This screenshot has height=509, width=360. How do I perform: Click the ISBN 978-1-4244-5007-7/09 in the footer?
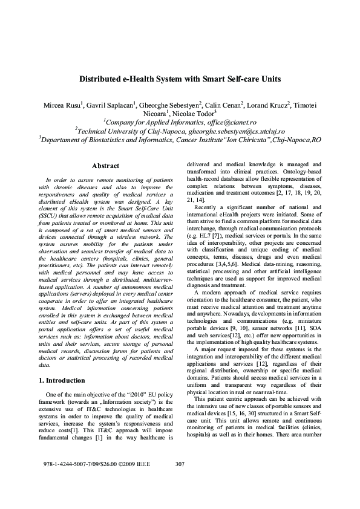coord(71,481)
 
